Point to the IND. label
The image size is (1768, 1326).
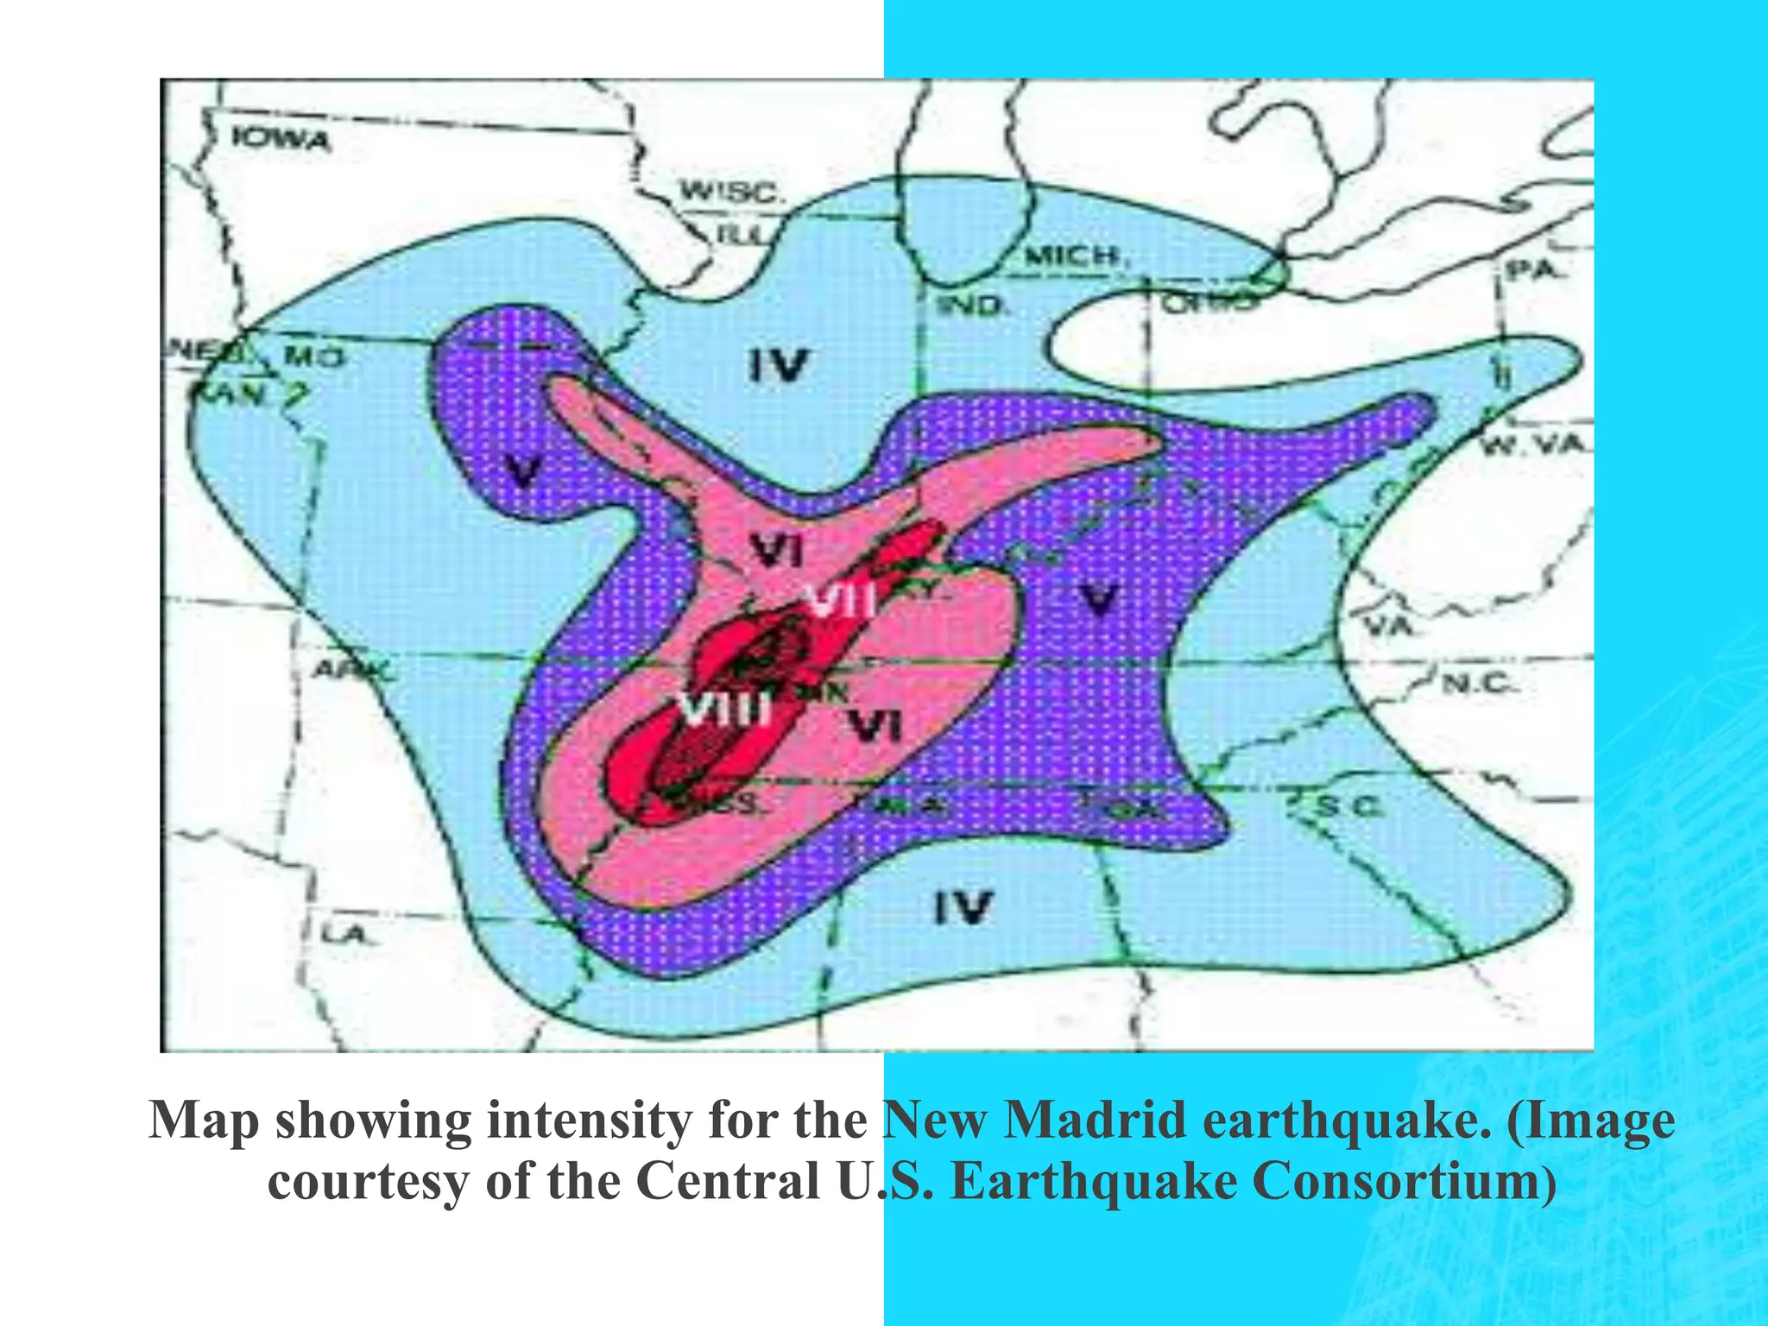pos(973,306)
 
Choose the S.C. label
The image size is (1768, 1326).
pos(1348,806)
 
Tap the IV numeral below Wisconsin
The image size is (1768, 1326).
pos(778,365)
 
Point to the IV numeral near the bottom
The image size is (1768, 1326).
pos(964,906)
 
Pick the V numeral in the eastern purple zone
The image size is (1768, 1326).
pos(1099,598)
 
